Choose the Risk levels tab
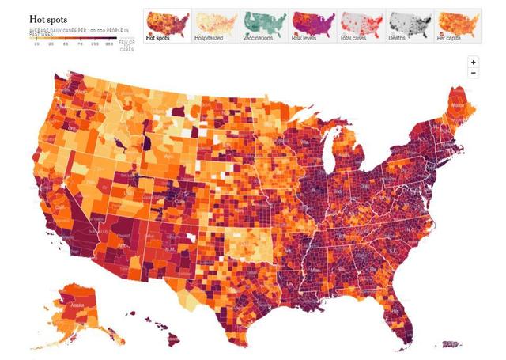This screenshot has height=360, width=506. pos(312,26)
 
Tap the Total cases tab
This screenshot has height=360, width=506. pos(360,26)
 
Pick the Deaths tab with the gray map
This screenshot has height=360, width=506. pos(408,26)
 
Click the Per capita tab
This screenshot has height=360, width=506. pos(456,26)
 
